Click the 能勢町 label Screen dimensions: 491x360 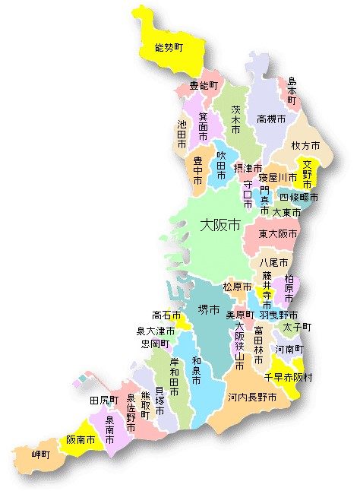(169, 47)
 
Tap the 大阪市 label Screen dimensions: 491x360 (220, 226)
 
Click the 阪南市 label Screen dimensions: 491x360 (81, 439)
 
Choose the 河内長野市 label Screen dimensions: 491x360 (248, 398)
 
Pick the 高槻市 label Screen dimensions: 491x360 (271, 119)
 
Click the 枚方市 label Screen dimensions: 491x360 (305, 144)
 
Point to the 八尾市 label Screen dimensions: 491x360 (273, 262)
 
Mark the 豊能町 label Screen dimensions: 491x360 (204, 86)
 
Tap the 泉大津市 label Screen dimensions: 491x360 (156, 331)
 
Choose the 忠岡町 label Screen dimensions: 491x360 (156, 344)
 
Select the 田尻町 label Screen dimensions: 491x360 (104, 400)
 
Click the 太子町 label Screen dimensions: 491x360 (297, 327)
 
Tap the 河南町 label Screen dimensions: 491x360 (289, 349)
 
